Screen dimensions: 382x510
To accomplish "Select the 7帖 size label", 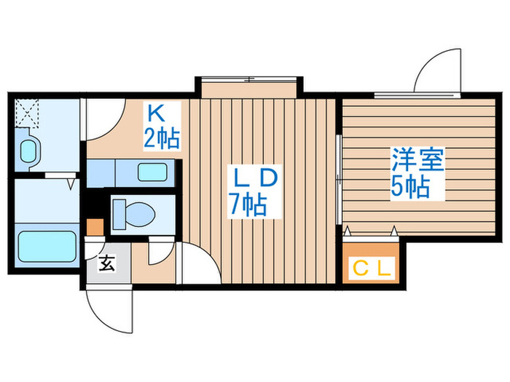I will (x=248, y=205).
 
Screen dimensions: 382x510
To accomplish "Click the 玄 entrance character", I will (x=106, y=264).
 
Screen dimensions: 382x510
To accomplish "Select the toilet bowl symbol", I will (x=136, y=213).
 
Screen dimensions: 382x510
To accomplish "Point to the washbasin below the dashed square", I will (x=28, y=151).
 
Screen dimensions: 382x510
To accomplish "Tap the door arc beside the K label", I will (x=101, y=116).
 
